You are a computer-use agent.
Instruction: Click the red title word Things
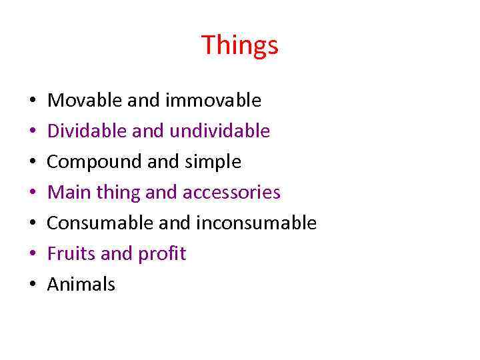pyautogui.click(x=239, y=45)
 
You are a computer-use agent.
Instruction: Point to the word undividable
pyautogui.click(x=220, y=131)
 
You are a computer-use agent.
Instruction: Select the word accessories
pyautogui.click(x=231, y=193)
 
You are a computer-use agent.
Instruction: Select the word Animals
pyautogui.click(x=81, y=285)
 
